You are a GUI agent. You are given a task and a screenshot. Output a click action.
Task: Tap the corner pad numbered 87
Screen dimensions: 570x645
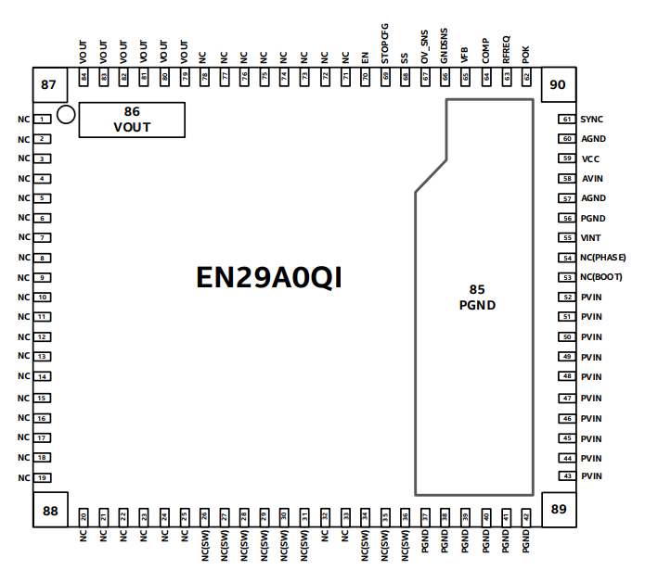coord(49,86)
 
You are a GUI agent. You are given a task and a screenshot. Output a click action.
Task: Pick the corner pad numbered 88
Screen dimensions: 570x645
coord(50,510)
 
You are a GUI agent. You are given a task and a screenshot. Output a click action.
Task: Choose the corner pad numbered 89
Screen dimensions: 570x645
coord(558,509)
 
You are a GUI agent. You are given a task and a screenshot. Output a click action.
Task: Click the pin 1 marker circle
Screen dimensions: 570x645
coord(66,115)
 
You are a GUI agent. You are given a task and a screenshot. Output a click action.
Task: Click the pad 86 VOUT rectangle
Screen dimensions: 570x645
coord(132,120)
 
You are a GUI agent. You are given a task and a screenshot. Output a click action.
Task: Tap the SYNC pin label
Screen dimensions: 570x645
coord(591,120)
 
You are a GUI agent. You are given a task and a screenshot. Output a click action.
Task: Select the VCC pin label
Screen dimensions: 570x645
coord(590,159)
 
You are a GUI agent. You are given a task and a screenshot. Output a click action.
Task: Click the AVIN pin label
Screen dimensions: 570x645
coord(591,179)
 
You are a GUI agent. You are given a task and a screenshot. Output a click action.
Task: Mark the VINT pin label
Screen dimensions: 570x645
coord(590,238)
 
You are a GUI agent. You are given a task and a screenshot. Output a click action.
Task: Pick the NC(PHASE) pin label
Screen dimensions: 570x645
coord(602,258)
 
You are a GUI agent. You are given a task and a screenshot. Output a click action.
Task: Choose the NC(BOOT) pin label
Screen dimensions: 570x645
coord(600,277)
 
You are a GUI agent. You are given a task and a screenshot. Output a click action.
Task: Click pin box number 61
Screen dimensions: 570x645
coord(566,120)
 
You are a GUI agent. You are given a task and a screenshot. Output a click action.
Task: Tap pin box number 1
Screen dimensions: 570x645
coord(43,120)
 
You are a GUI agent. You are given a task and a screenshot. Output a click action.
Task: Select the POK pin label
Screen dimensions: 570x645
coord(526,54)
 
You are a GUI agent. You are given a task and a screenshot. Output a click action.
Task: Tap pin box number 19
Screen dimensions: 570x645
coord(43,477)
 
